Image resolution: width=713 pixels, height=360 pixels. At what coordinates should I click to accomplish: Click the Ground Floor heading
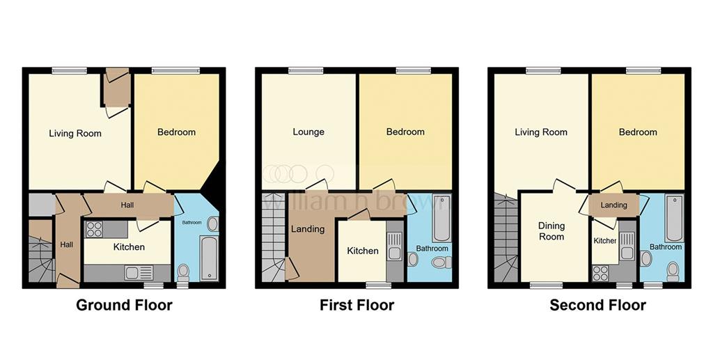124,304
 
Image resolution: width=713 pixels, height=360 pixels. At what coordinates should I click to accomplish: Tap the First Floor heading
357,304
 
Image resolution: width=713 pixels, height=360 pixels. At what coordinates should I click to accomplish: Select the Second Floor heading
597,304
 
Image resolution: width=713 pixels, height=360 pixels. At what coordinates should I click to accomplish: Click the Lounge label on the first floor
308,132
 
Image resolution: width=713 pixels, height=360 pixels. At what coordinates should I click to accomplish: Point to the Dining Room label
551,231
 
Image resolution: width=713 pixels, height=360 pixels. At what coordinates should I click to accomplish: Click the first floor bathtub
441,218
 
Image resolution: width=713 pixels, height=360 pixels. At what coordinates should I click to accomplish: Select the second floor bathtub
674,218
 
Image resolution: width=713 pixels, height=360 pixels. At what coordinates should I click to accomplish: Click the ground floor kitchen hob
94,229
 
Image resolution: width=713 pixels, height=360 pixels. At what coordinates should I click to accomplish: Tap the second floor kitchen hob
601,273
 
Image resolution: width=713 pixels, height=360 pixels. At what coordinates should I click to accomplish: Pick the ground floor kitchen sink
139,273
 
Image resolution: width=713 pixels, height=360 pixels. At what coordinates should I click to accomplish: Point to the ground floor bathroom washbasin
212,224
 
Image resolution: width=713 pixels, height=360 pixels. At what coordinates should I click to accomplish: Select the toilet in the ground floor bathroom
183,272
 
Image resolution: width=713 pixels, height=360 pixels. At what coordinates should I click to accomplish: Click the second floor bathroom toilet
673,272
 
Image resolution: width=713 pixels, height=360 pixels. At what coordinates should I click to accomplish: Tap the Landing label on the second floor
614,205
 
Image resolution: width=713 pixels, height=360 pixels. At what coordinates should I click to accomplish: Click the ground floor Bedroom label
176,132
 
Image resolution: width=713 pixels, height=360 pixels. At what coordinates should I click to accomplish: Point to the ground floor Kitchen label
129,246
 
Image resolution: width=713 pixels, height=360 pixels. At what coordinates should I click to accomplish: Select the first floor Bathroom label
432,248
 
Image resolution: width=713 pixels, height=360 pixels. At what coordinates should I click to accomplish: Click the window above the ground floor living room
69,70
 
